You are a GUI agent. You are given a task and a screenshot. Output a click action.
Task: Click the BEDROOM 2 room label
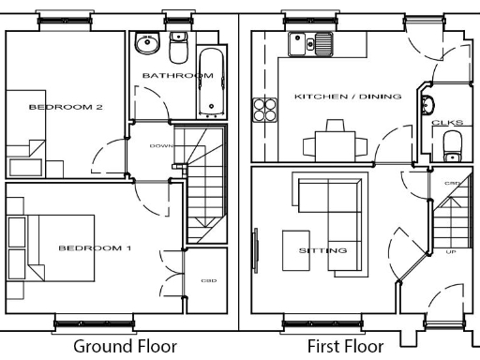pos(66,107)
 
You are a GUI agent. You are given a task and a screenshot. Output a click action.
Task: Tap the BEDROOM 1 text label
pos(95,248)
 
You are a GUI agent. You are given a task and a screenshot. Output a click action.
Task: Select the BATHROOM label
pos(171,75)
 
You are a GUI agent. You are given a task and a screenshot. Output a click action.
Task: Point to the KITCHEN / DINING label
pos(348,97)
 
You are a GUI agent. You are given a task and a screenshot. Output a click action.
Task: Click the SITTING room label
pos(322,250)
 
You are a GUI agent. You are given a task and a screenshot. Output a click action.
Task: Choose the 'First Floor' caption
pos(346,346)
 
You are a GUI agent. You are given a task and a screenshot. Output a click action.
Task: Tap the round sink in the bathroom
pos(145,43)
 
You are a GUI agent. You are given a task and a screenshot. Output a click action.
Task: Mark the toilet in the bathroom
pos(178,43)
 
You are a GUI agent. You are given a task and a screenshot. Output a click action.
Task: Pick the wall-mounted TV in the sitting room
pos(255,250)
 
